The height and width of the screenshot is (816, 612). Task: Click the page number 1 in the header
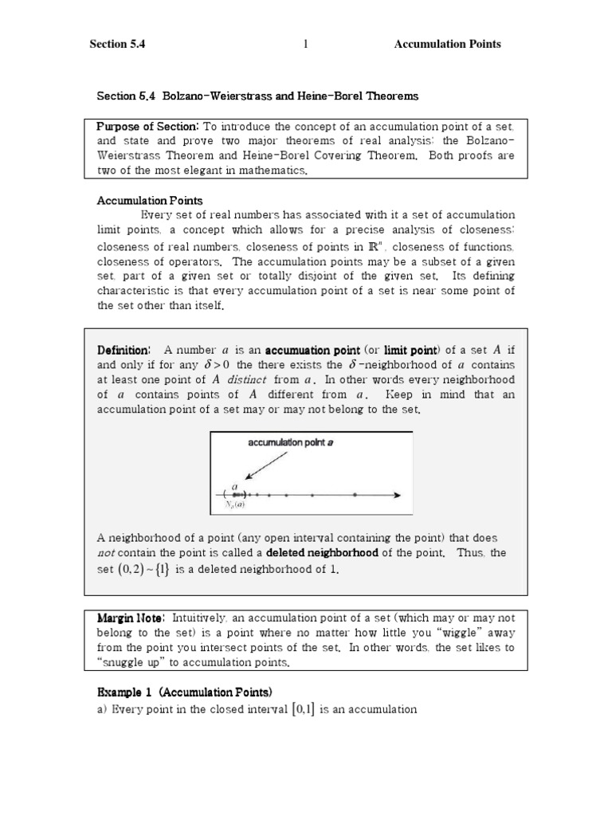305,45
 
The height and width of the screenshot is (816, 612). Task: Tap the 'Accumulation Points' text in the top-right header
447,45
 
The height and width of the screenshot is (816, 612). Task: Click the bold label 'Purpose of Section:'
147,127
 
